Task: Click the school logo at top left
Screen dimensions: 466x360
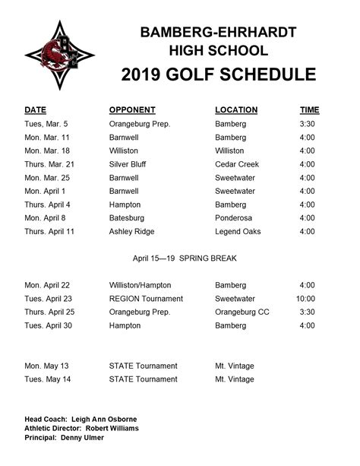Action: pos(60,55)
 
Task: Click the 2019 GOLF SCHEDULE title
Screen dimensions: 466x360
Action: pos(218,74)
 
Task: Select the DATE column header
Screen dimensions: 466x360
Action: pos(36,110)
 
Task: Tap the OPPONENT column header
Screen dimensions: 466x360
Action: pos(132,110)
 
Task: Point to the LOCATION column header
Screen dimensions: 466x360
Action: pos(236,110)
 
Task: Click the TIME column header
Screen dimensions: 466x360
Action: pos(310,110)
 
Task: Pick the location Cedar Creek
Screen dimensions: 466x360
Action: pos(237,164)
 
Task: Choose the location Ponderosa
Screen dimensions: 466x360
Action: pos(235,218)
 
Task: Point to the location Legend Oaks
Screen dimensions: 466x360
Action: pos(238,232)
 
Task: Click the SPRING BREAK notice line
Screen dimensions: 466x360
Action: pos(185,258)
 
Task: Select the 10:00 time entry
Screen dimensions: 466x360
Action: pos(305,300)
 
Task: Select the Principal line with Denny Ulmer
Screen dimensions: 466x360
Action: pos(65,438)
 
